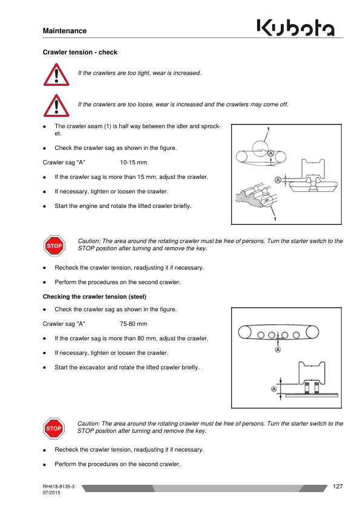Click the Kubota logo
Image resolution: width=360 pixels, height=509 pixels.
[295, 27]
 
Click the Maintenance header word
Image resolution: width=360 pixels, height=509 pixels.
[65, 31]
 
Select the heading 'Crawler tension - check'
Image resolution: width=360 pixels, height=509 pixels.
[80, 52]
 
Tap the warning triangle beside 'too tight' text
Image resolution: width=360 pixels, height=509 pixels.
[56, 74]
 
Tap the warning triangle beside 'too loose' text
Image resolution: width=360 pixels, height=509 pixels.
[56, 106]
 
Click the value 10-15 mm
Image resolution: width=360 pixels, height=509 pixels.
[134, 162]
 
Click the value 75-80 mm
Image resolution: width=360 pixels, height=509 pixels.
[134, 323]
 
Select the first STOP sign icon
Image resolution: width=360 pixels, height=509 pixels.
[54, 246]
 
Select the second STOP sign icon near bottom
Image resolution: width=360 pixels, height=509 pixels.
[54, 429]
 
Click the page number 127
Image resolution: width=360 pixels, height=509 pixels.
[338, 486]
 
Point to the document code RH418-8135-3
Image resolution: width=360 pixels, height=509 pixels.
[59, 487]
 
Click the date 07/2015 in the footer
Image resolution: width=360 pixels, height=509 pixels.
[51, 493]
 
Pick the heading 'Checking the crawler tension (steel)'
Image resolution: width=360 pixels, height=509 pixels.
[94, 297]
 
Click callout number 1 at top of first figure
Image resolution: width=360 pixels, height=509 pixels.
[268, 129]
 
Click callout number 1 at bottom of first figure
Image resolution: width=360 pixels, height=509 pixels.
[275, 219]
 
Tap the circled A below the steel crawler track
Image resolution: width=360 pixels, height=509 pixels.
[278, 349]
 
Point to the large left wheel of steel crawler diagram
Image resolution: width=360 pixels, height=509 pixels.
[244, 332]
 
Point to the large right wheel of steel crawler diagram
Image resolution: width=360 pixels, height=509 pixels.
[312, 332]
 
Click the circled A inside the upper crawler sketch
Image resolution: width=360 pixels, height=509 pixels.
[270, 153]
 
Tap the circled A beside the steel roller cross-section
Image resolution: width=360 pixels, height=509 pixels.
[274, 389]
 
